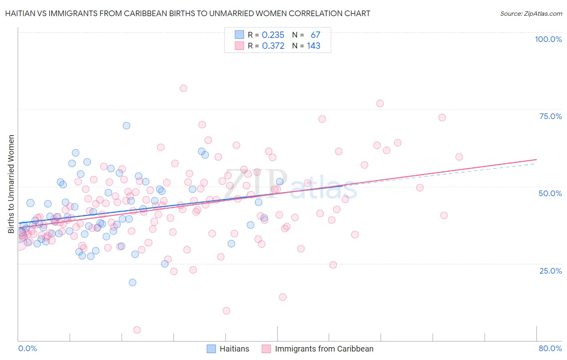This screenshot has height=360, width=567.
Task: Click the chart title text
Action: [x=188, y=13]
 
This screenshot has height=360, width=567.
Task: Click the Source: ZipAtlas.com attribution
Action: [x=531, y=13]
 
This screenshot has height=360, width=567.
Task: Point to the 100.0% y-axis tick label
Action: [x=548, y=39]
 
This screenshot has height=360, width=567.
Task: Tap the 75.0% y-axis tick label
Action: [x=550, y=116]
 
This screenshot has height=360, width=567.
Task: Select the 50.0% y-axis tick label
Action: [x=550, y=193]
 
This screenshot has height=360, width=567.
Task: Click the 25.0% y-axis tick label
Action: [x=550, y=271]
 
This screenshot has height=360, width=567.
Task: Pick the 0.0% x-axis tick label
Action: [x=27, y=348]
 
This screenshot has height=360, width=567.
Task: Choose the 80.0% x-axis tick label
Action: [x=550, y=348]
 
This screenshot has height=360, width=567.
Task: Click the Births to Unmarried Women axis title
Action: [x=11, y=184]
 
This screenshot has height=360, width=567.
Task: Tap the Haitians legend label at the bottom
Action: [x=234, y=349]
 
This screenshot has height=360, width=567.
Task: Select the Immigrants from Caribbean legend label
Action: [x=324, y=349]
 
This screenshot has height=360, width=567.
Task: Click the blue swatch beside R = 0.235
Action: [x=240, y=35]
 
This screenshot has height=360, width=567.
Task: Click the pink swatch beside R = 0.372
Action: [x=240, y=46]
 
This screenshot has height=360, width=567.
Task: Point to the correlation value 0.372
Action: [x=273, y=46]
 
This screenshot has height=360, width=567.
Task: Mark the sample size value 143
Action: [x=313, y=46]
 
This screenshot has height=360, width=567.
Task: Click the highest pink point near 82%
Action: [x=183, y=88]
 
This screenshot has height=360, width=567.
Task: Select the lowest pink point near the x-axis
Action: [x=137, y=330]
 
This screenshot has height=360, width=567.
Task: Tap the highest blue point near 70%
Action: [x=126, y=126]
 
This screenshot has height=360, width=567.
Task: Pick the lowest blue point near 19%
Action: [x=132, y=283]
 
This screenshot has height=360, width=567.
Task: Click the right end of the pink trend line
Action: [x=536, y=159]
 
